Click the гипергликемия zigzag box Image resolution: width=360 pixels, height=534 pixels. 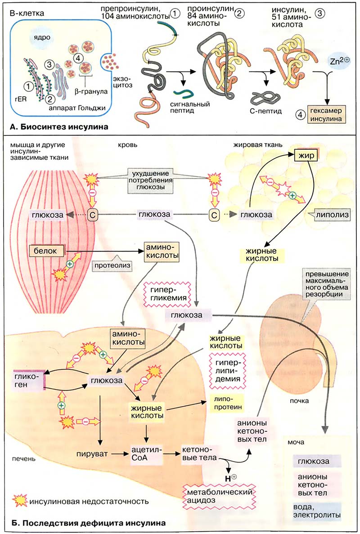167,292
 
